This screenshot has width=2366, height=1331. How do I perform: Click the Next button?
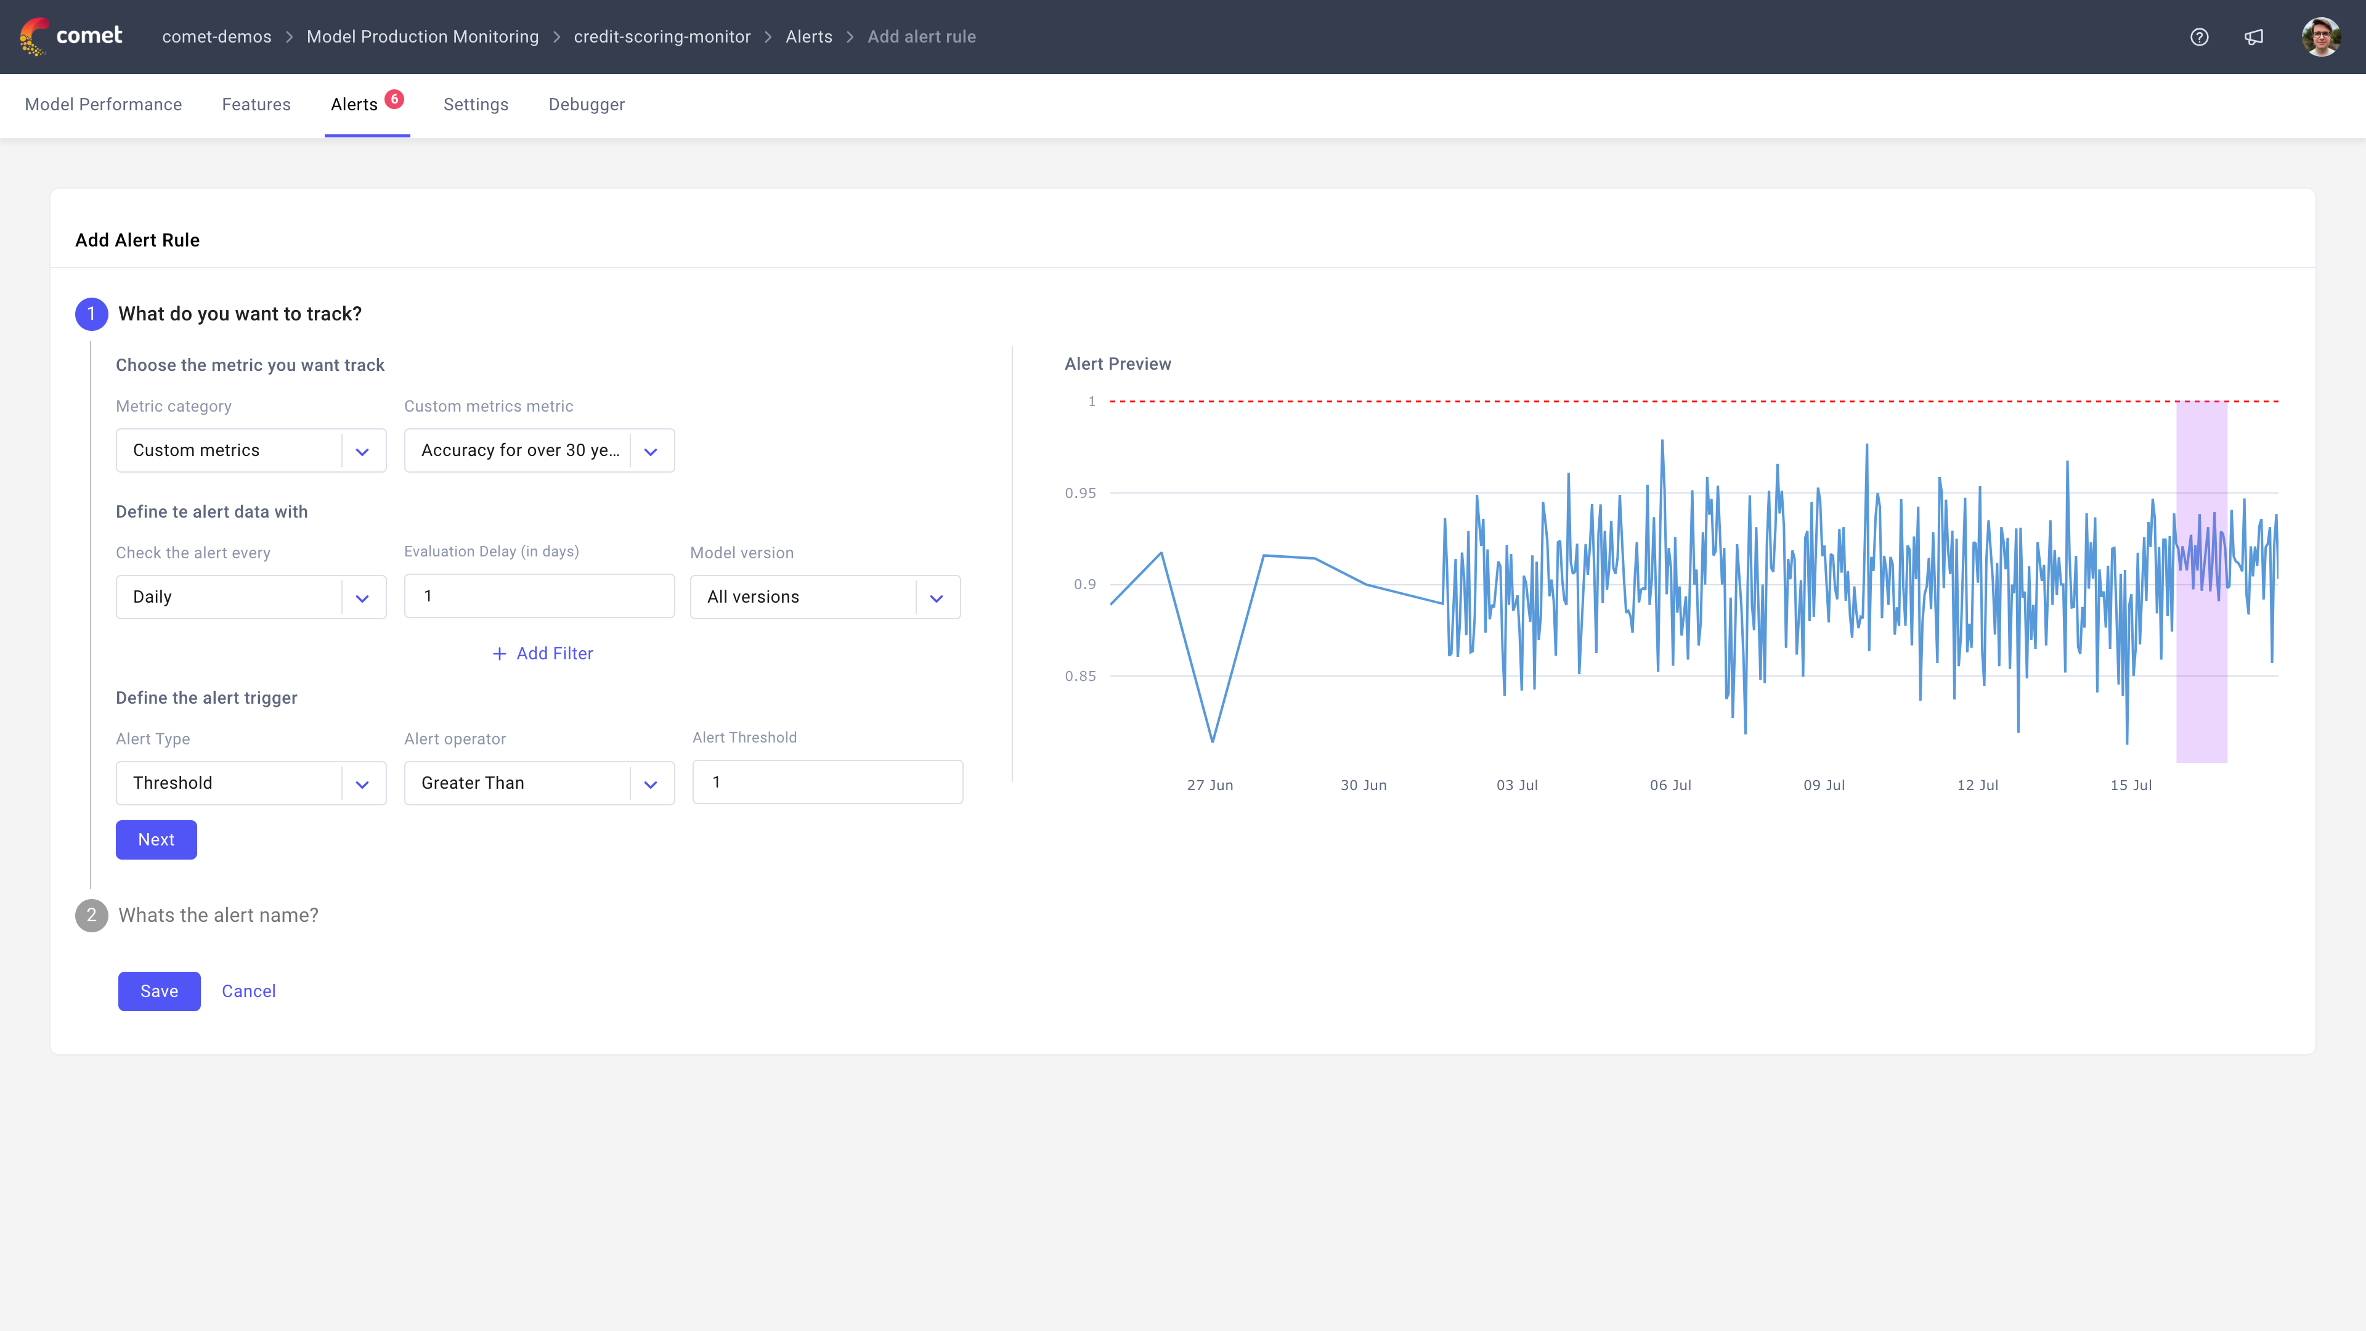tap(156, 839)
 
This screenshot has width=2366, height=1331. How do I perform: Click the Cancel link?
tap(248, 991)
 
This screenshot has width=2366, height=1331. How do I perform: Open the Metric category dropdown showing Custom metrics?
tap(251, 450)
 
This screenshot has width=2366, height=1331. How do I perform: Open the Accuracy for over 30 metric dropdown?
tap(539, 450)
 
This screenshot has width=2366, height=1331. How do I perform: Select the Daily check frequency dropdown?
tap(251, 597)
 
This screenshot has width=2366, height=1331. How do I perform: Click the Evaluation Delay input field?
tap(539, 596)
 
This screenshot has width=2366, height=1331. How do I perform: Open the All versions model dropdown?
tap(825, 597)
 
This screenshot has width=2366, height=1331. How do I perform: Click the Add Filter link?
tap(543, 653)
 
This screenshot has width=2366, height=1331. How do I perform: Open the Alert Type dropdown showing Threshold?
tap(251, 783)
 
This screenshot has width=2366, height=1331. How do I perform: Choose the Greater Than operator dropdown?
tap(539, 783)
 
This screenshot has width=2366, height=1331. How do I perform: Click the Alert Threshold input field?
tap(827, 782)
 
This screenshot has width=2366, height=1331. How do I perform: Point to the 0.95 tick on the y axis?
tap(1080, 493)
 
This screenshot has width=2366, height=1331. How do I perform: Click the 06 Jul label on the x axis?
tap(1670, 786)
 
